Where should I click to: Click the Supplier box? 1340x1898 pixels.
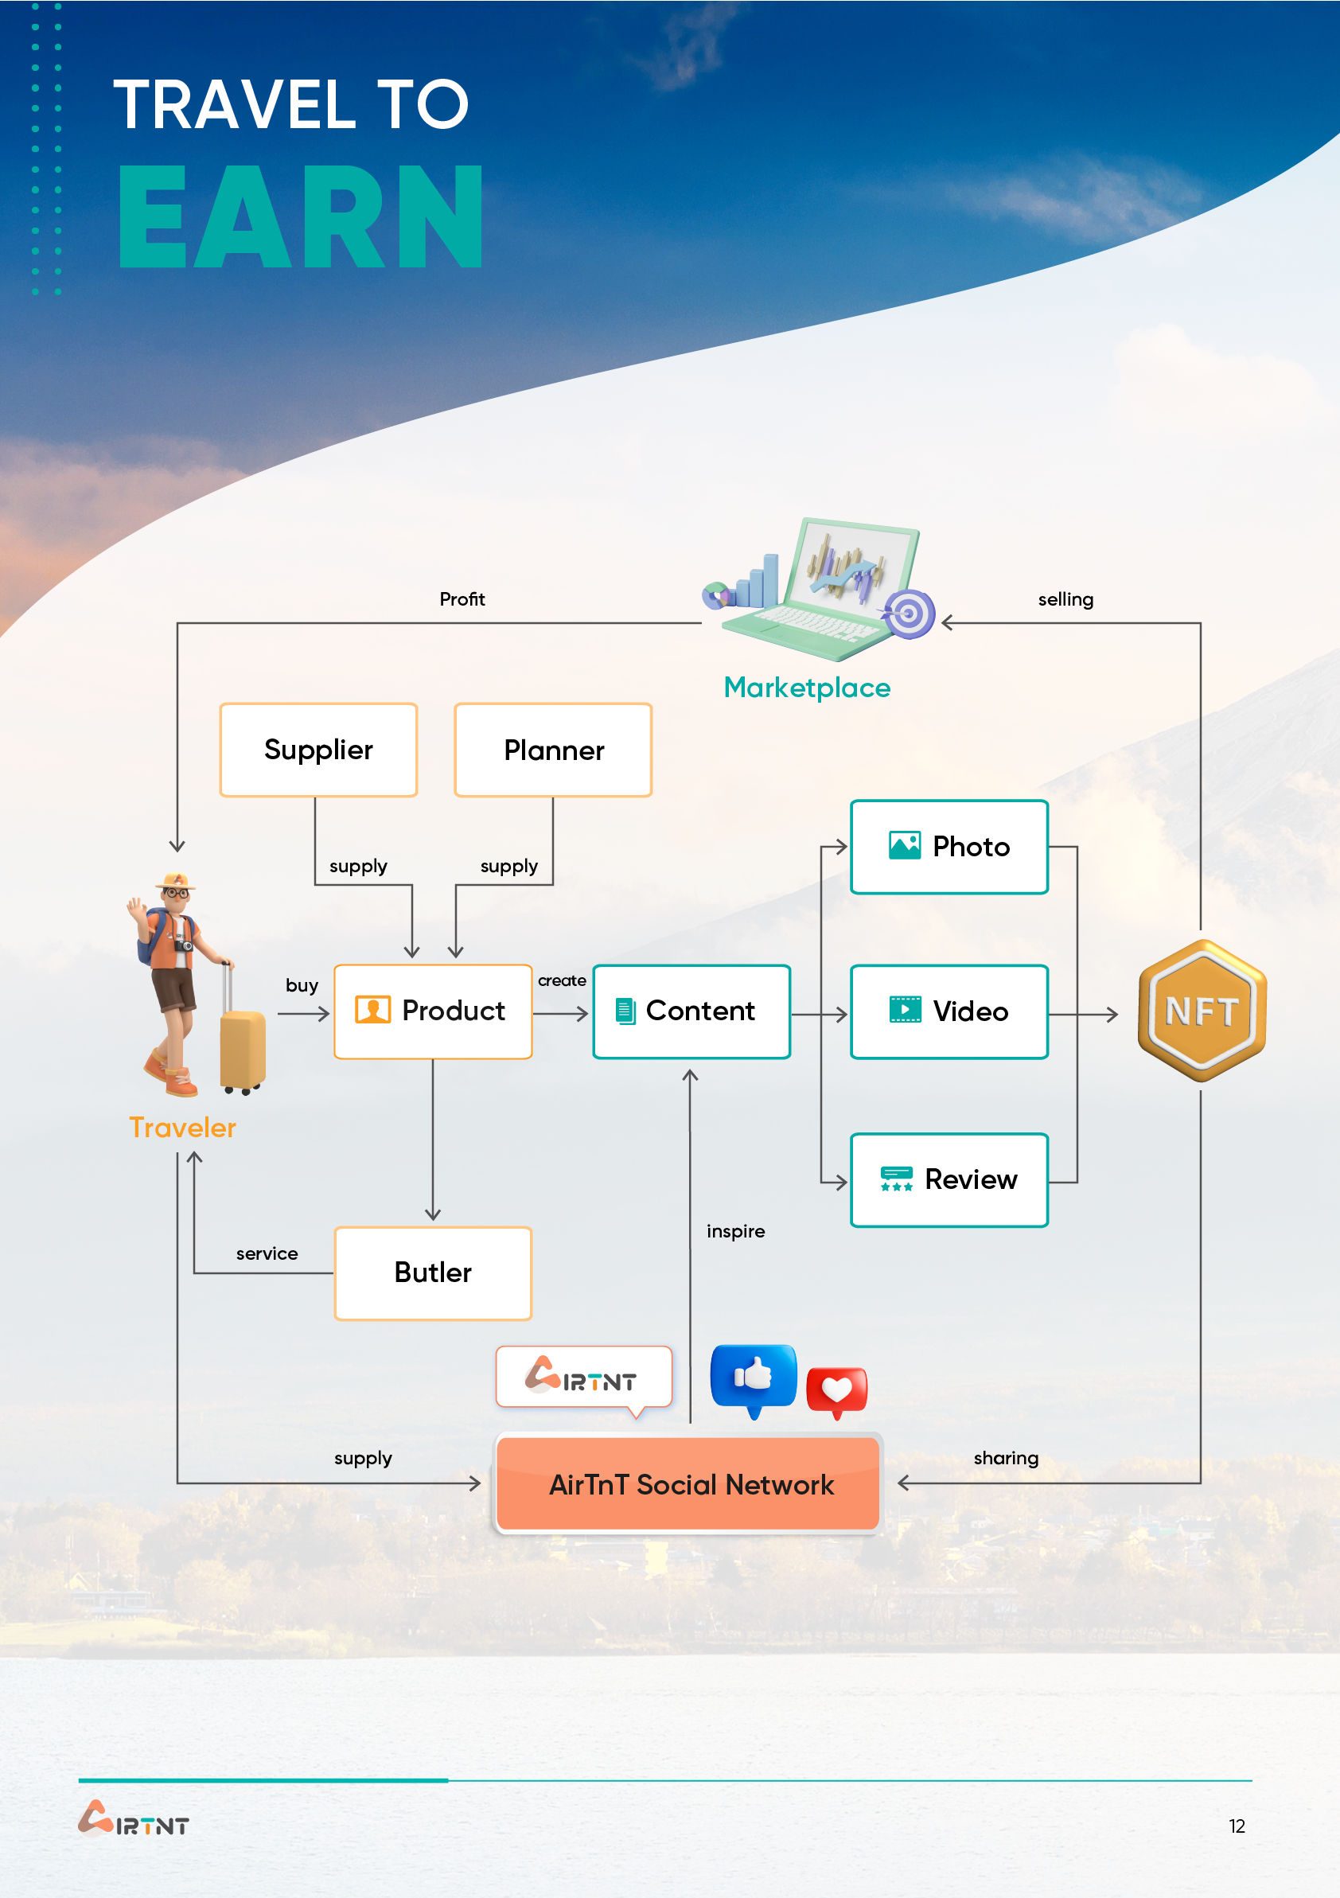(x=318, y=750)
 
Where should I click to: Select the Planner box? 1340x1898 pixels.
(x=553, y=750)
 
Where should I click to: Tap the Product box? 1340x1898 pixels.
(x=433, y=1011)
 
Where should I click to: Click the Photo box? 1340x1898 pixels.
(x=949, y=847)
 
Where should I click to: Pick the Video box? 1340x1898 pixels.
(x=949, y=1011)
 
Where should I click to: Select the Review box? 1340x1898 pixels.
(x=949, y=1179)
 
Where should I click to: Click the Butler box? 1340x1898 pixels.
(x=433, y=1273)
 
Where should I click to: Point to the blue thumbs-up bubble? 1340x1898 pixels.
(x=753, y=1378)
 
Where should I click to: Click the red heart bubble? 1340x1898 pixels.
(x=836, y=1390)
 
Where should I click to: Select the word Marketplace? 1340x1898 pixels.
(x=807, y=688)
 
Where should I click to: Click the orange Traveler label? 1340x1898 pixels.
(x=183, y=1128)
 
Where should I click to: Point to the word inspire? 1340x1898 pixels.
(x=736, y=1232)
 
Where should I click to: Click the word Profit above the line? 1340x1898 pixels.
(x=462, y=599)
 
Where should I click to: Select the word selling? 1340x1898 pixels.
(x=1065, y=599)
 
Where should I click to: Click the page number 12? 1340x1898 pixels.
(x=1237, y=1826)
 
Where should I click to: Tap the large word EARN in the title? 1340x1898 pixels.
(x=301, y=216)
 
